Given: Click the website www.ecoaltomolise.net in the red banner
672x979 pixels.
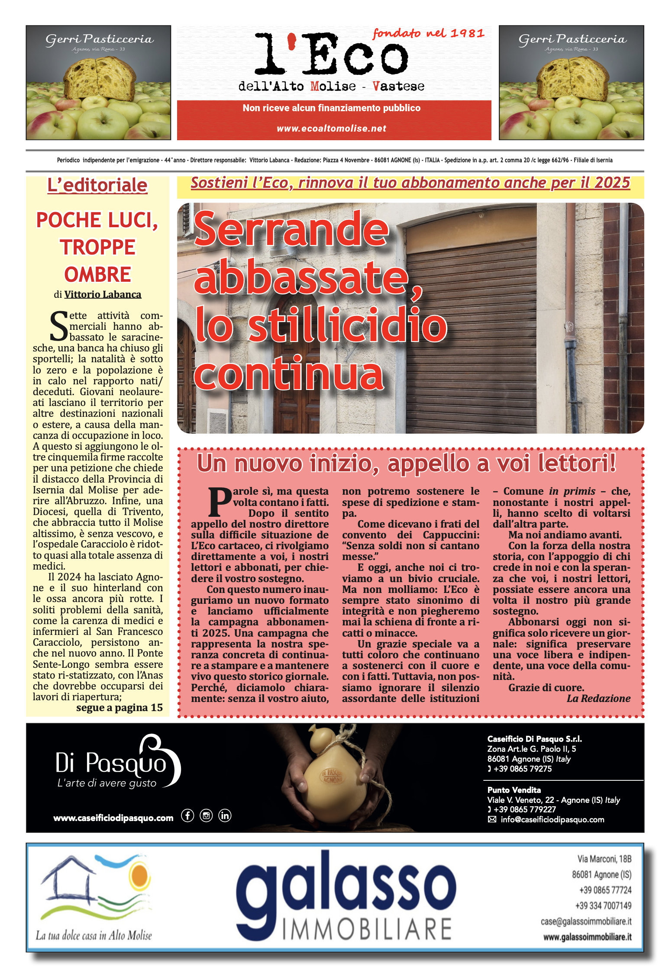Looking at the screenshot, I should (x=331, y=129).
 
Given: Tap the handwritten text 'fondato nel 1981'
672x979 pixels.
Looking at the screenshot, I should (x=428, y=33).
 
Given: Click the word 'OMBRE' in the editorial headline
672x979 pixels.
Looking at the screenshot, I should (x=97, y=274).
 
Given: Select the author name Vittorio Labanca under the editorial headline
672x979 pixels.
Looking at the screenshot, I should (x=103, y=295).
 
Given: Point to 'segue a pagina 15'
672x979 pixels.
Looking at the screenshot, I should (x=119, y=708).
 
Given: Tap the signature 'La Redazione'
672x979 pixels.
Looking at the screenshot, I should (x=598, y=699).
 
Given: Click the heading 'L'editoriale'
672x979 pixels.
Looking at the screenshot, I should (x=97, y=186).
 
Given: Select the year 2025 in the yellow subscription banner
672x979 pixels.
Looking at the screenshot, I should (x=612, y=183).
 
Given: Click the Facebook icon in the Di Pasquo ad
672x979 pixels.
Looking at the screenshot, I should (x=187, y=816).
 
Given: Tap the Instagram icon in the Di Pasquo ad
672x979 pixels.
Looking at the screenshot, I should (x=206, y=816).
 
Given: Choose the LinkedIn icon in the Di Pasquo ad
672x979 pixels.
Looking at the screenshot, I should (x=225, y=816).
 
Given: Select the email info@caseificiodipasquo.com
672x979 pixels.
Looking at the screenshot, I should (x=552, y=820).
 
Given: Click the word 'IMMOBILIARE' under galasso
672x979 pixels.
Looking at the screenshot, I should (x=367, y=929).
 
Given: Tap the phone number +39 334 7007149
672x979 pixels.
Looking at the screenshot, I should (x=603, y=906).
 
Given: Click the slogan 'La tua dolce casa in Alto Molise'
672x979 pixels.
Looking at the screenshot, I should (x=94, y=936).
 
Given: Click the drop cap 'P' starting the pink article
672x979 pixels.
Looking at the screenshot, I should (x=220, y=502).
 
